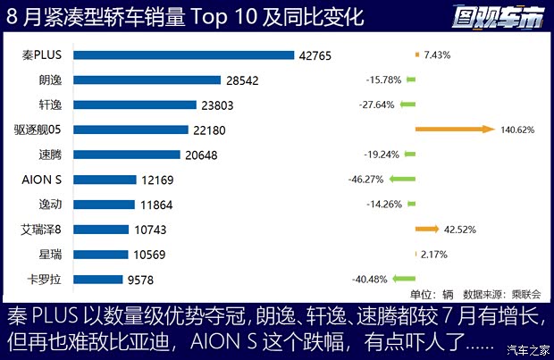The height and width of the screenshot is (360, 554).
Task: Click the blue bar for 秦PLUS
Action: (183, 55)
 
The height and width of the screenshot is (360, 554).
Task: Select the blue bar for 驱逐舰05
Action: (130, 130)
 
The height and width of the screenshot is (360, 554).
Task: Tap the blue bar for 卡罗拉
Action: (97, 279)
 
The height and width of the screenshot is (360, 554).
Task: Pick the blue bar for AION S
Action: (105, 180)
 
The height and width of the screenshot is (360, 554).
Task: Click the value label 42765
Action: (315, 55)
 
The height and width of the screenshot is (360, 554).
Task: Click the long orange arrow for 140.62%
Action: (454, 130)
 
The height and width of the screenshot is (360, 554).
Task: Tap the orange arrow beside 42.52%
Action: (426, 230)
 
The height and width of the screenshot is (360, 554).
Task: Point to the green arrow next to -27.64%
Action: (406, 105)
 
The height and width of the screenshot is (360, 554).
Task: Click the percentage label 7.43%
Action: (438, 55)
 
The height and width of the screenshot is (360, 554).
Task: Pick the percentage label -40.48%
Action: (372, 279)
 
